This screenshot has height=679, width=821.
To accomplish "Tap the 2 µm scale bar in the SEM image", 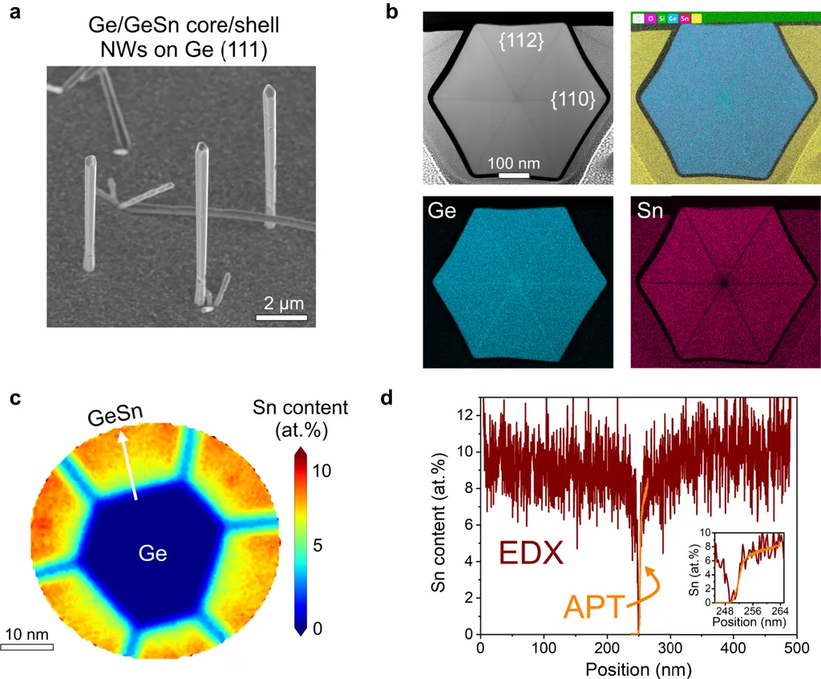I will click(x=281, y=318).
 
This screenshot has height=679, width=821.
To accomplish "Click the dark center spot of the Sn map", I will click(x=725, y=282).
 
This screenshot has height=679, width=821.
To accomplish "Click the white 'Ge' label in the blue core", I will click(x=152, y=553).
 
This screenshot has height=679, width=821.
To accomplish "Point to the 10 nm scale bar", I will click(x=26, y=646).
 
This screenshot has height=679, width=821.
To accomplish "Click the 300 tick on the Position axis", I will click(x=670, y=646).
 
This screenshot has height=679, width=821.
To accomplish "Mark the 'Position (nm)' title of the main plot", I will click(x=638, y=667).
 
